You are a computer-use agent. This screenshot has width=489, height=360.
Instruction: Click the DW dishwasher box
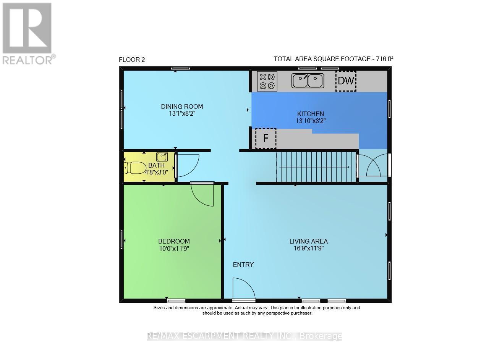(346, 81)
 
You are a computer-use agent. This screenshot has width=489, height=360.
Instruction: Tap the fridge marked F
(266, 138)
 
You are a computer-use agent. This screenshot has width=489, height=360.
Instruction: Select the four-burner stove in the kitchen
(267, 81)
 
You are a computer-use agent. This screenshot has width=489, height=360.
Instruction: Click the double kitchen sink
(308, 81)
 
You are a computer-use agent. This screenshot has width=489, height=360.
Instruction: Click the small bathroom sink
(162, 157)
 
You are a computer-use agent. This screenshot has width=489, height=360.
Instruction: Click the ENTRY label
(243, 265)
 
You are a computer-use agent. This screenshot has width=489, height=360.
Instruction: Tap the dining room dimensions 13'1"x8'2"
(182, 113)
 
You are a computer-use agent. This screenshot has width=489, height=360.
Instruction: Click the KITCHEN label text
(311, 114)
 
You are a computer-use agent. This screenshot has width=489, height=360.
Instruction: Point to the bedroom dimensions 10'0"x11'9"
(174, 248)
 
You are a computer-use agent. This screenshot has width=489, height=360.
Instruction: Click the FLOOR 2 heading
(132, 60)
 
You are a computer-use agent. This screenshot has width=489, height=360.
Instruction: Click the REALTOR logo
(28, 33)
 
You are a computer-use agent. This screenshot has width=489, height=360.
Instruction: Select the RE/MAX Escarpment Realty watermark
(244, 336)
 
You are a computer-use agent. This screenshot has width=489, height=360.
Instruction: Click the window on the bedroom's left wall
(122, 239)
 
